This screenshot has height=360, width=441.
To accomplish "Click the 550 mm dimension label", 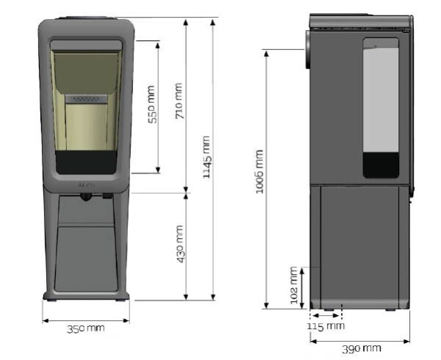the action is tap(152, 104).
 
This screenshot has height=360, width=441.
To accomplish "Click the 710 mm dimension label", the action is tap(179, 101).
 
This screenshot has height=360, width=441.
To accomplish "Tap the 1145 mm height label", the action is tap(207, 156).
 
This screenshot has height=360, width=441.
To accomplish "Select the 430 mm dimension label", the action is tap(180, 244).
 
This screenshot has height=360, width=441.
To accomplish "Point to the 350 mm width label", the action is tap(86, 328).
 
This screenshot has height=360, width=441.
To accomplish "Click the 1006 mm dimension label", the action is tap(259, 172).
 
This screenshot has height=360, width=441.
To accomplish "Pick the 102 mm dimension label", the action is tap(293, 285).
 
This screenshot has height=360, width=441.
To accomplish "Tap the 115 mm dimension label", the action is tap(326, 326).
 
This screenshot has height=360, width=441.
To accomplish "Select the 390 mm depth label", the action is tap(362, 349).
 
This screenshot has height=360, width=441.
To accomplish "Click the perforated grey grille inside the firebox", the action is tap(86, 99).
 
